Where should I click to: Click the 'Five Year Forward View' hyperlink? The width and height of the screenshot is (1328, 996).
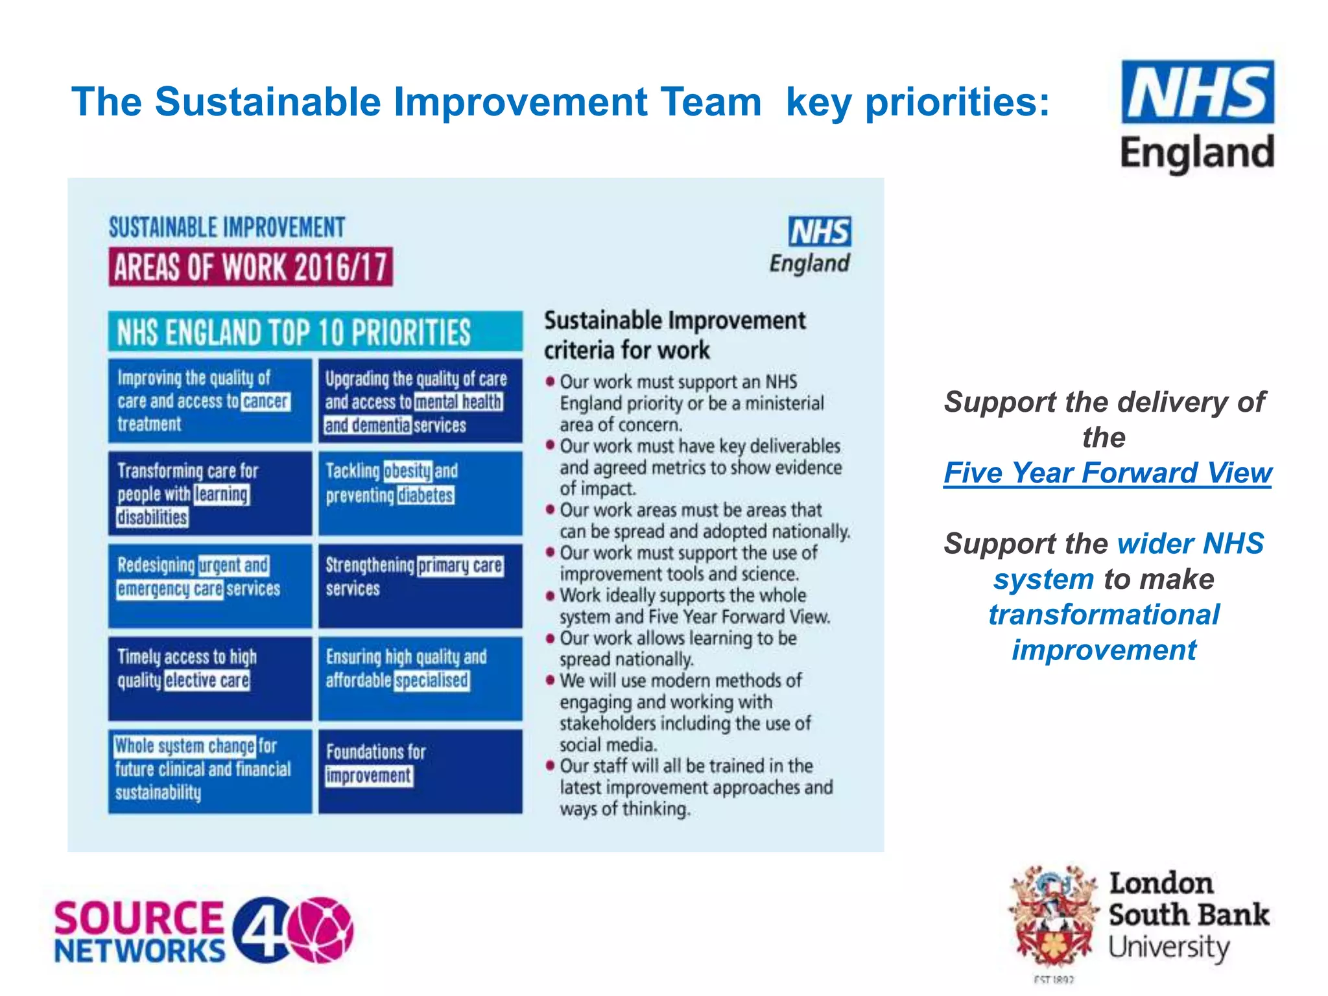(1107, 473)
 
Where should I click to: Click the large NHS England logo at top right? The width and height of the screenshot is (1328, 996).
(1197, 117)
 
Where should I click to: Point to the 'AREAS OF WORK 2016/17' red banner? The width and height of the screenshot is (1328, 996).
(250, 267)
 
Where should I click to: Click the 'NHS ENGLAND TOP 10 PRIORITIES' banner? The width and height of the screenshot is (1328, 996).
(315, 332)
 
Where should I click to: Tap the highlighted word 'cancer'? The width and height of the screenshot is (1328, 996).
(266, 401)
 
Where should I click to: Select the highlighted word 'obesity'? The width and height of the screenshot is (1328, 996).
(407, 470)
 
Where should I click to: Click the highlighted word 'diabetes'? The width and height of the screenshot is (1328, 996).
(425, 495)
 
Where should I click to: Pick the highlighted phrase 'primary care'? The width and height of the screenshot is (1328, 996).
(460, 565)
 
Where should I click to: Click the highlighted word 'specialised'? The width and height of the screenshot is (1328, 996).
(432, 680)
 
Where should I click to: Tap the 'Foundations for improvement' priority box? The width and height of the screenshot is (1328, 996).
(420, 770)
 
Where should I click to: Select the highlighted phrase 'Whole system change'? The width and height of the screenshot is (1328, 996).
(185, 746)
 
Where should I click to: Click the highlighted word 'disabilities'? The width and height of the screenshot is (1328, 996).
(152, 517)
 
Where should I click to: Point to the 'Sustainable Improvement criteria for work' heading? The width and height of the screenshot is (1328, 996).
(674, 335)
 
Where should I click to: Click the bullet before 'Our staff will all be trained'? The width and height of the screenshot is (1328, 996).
(551, 766)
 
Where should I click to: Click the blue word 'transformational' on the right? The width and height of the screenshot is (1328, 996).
(1104, 615)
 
